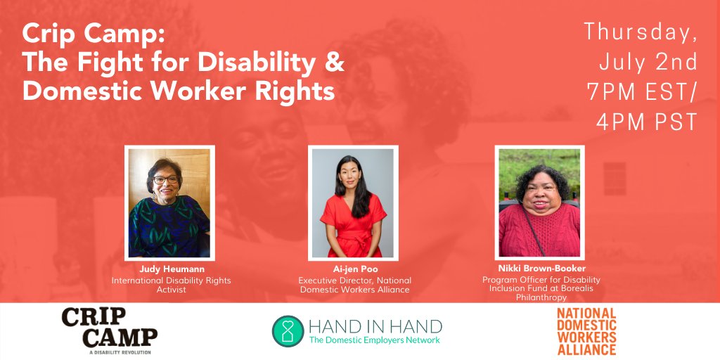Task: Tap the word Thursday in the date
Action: tap(641, 31)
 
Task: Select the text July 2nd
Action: tap(648, 61)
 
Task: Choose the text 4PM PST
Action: tap(646, 122)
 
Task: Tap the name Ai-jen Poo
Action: tap(354, 269)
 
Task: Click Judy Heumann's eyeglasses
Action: tap(166, 180)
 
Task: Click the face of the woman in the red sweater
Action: tap(539, 190)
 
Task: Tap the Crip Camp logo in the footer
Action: tap(110, 328)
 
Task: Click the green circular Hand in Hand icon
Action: tap(288, 330)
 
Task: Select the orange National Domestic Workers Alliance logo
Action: tap(586, 330)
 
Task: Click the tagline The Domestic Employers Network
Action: tap(375, 340)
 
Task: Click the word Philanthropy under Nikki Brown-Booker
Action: tap(541, 297)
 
